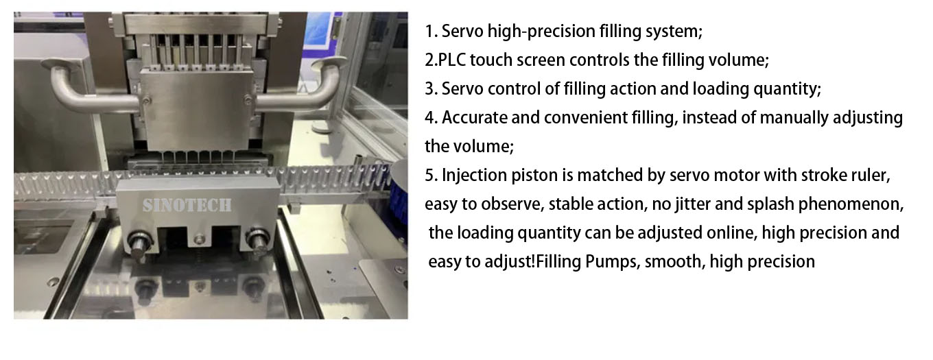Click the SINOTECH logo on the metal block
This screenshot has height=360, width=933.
[187, 205]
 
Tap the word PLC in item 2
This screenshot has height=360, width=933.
[451, 60]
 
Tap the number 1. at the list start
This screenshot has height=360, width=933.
[431, 32]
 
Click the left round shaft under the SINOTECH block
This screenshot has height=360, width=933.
[139, 243]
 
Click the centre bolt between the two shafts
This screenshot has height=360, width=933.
[200, 239]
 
